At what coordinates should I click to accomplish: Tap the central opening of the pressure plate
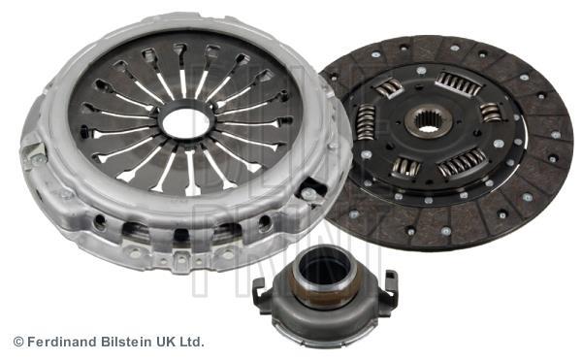pyautogui.click(x=186, y=123)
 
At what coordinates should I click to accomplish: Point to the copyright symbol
pyautogui.click(x=18, y=342)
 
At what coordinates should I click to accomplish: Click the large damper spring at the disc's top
pyautogui.click(x=459, y=83)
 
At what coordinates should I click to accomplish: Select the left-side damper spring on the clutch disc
pyautogui.click(x=366, y=121)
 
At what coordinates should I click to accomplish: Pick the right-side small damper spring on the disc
pyautogui.click(x=490, y=113)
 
